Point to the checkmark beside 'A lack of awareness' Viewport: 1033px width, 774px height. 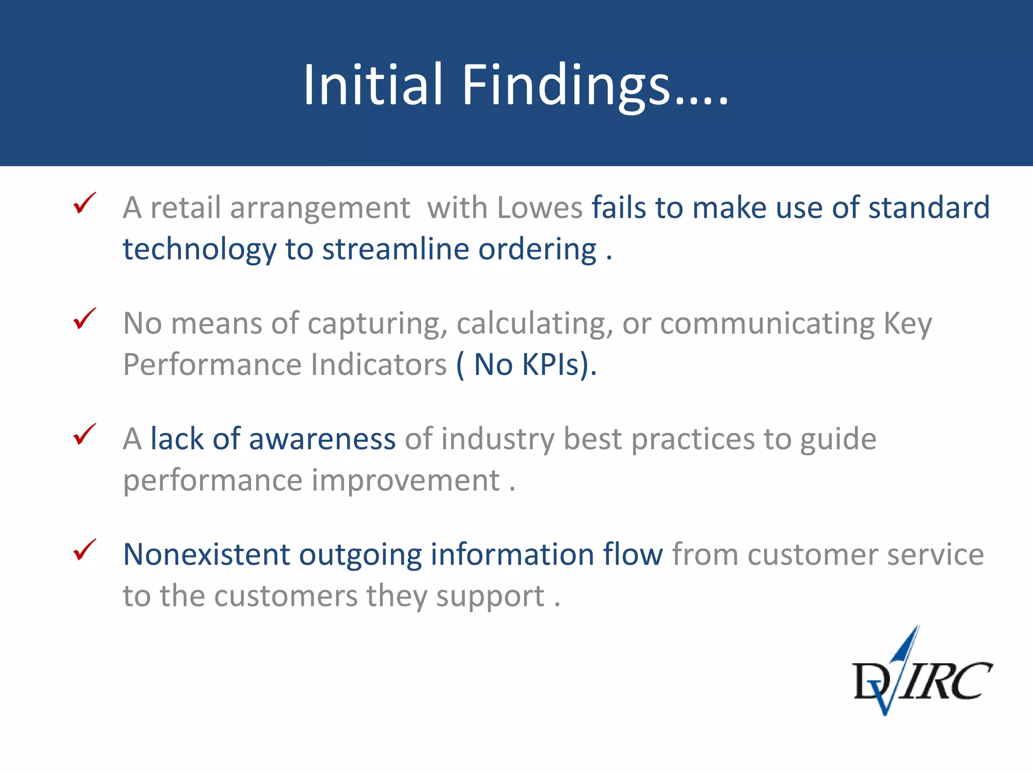tap(84, 434)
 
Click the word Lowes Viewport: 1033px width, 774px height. tap(539, 208)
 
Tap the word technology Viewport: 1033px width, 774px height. tap(200, 249)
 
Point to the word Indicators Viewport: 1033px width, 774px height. tap(378, 364)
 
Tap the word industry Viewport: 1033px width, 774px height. tap(497, 439)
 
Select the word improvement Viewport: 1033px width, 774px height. tap(406, 480)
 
